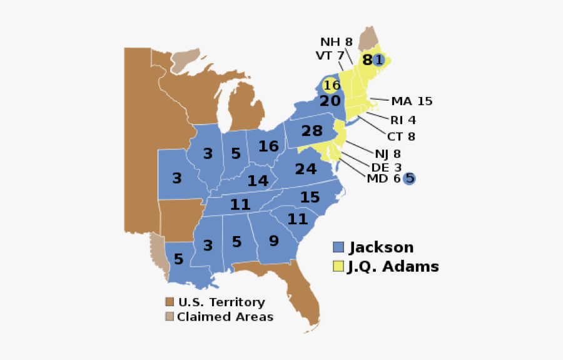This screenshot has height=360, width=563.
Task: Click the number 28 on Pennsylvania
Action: click(x=312, y=131)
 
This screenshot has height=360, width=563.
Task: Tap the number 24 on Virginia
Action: click(x=306, y=169)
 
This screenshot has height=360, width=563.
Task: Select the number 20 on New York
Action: click(x=330, y=101)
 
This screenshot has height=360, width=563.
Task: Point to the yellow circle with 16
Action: click(x=332, y=85)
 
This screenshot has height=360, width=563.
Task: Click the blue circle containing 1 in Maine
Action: click(x=378, y=60)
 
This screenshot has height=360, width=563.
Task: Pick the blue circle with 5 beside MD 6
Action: click(x=410, y=178)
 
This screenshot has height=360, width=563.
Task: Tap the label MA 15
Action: click(x=412, y=101)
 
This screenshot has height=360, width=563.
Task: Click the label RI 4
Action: click(x=403, y=120)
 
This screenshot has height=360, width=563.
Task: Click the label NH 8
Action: click(x=337, y=42)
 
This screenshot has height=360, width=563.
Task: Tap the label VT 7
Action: click(x=330, y=55)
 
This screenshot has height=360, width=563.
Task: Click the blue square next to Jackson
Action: click(x=338, y=248)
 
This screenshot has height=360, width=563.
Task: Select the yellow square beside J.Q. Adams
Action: click(x=338, y=266)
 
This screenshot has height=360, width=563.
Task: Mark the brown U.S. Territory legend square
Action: click(x=170, y=302)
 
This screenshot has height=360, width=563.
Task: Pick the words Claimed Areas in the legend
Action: click(x=225, y=317)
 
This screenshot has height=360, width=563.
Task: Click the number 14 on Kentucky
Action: click(x=258, y=181)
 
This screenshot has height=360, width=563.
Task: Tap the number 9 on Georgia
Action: click(x=273, y=240)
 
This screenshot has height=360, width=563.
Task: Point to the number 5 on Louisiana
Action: click(x=179, y=259)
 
